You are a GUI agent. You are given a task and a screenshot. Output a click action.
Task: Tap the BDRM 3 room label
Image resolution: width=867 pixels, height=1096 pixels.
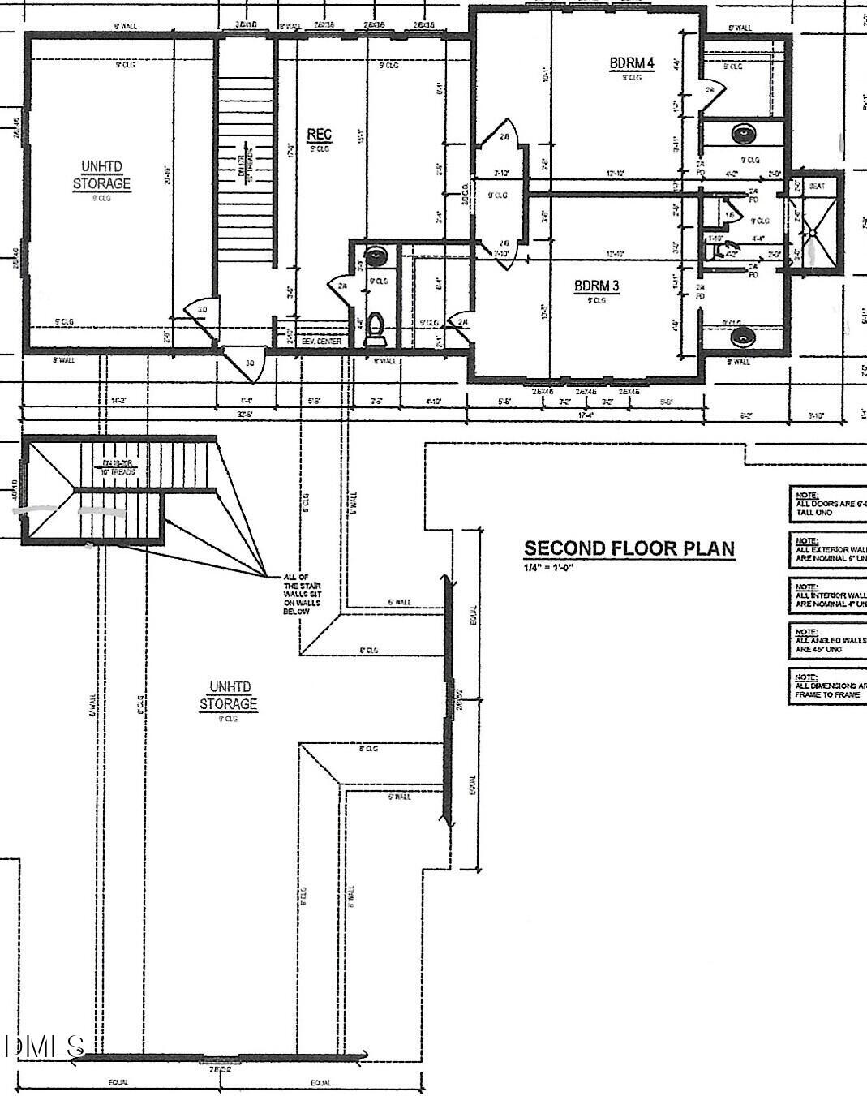point(596,286)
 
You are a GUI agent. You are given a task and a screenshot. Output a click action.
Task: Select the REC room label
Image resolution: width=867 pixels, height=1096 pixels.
point(319,135)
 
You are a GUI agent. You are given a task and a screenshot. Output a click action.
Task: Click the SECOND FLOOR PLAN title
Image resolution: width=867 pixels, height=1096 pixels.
point(629,548)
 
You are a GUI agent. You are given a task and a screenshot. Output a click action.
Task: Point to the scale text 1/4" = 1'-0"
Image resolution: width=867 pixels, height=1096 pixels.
point(548,567)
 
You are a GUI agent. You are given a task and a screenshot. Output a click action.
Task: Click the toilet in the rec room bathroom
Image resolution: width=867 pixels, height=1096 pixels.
point(376,327)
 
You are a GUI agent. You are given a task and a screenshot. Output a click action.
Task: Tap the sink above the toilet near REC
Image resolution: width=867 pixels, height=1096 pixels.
point(376,257)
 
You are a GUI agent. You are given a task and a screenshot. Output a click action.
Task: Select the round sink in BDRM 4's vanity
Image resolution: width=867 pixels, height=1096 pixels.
point(742,132)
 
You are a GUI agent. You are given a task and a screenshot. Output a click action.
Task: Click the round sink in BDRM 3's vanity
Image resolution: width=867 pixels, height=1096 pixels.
point(740,334)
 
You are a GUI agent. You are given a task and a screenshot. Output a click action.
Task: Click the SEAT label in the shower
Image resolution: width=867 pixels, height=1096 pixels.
point(817,186)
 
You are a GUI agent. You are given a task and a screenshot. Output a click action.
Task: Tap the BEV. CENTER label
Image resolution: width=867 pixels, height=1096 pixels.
point(321,342)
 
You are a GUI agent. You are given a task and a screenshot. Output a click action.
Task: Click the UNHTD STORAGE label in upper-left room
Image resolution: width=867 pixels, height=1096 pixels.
point(101,174)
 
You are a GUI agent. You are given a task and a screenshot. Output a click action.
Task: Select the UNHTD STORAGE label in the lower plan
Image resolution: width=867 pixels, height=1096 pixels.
point(229,695)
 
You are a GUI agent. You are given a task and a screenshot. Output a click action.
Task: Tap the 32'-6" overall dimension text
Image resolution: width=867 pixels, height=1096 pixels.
point(243,415)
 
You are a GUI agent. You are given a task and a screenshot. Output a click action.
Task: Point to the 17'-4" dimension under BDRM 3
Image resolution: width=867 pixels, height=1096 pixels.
point(586,415)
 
